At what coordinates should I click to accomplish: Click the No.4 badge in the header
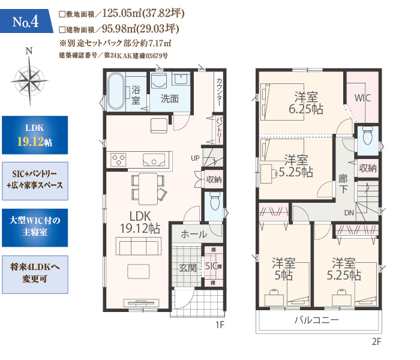coord(25,22)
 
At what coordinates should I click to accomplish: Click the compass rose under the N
coord(30,80)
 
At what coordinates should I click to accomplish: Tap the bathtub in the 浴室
coord(116,91)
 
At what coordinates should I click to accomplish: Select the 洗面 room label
coord(170,98)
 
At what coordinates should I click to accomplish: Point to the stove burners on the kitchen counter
coord(118,160)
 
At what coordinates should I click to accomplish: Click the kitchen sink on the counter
coord(154,160)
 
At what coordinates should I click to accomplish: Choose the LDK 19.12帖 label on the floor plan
coord(140,223)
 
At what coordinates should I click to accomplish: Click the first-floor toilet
coord(215,201)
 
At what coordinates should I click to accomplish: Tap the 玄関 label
coord(188,268)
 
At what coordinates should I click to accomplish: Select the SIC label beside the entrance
coord(211,266)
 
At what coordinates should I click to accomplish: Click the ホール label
coord(194,234)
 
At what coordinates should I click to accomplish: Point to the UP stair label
coord(195,158)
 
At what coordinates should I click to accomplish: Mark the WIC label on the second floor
coord(362,98)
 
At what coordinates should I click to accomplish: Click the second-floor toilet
coord(367,135)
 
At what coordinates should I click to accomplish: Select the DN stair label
coord(349,213)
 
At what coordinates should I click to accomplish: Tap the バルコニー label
coord(316,320)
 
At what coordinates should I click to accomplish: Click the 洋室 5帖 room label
coord(283,269)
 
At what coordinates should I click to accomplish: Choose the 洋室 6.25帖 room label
coord(306,103)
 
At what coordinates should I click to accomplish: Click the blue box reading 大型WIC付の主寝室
coord(35,227)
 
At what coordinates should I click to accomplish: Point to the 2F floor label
coord(376,341)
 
